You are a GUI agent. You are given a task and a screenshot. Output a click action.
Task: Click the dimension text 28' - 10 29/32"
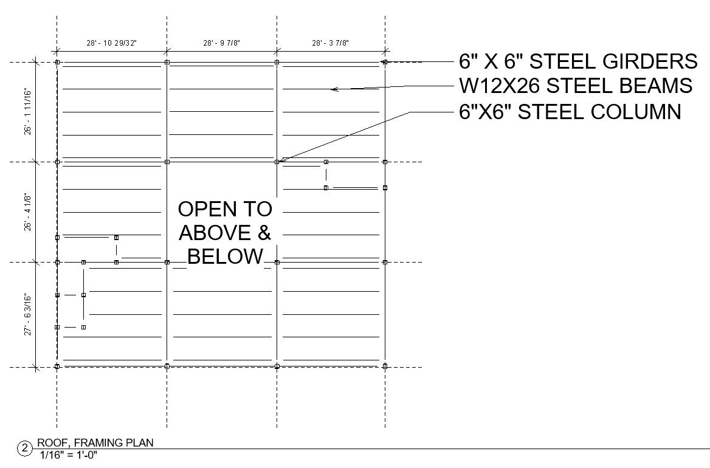[111, 43]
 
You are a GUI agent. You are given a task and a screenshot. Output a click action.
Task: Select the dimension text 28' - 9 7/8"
[221, 43]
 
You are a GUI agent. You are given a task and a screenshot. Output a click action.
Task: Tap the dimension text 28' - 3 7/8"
[330, 43]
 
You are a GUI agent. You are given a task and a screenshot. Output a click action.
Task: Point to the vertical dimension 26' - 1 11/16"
[28, 112]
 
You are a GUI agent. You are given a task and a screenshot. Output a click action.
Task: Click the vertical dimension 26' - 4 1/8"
[28, 212]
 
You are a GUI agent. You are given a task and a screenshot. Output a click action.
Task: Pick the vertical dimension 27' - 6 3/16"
[28, 314]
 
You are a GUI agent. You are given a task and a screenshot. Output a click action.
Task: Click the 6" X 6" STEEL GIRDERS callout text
[578, 61]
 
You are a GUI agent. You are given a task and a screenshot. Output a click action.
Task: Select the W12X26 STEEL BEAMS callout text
[575, 86]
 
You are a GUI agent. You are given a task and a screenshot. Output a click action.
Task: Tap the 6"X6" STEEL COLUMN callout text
[570, 112]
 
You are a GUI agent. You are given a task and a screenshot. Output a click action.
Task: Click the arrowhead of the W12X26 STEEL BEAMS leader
[333, 89]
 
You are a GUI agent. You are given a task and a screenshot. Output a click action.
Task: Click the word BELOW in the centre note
[224, 256]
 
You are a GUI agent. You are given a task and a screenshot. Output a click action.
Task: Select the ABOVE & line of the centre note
[224, 233]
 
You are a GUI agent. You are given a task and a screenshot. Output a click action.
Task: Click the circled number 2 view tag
[25, 449]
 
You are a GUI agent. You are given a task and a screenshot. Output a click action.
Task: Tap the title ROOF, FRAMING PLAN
[95, 443]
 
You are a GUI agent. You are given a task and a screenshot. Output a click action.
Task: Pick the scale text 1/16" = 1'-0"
[68, 455]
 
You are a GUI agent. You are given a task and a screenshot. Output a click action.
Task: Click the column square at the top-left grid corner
[57, 62]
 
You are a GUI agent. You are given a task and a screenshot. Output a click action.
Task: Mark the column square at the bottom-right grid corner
[385, 366]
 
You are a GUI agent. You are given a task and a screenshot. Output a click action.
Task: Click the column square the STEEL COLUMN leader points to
[277, 162]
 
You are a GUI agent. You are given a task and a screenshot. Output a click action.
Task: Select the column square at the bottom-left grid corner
[57, 366]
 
